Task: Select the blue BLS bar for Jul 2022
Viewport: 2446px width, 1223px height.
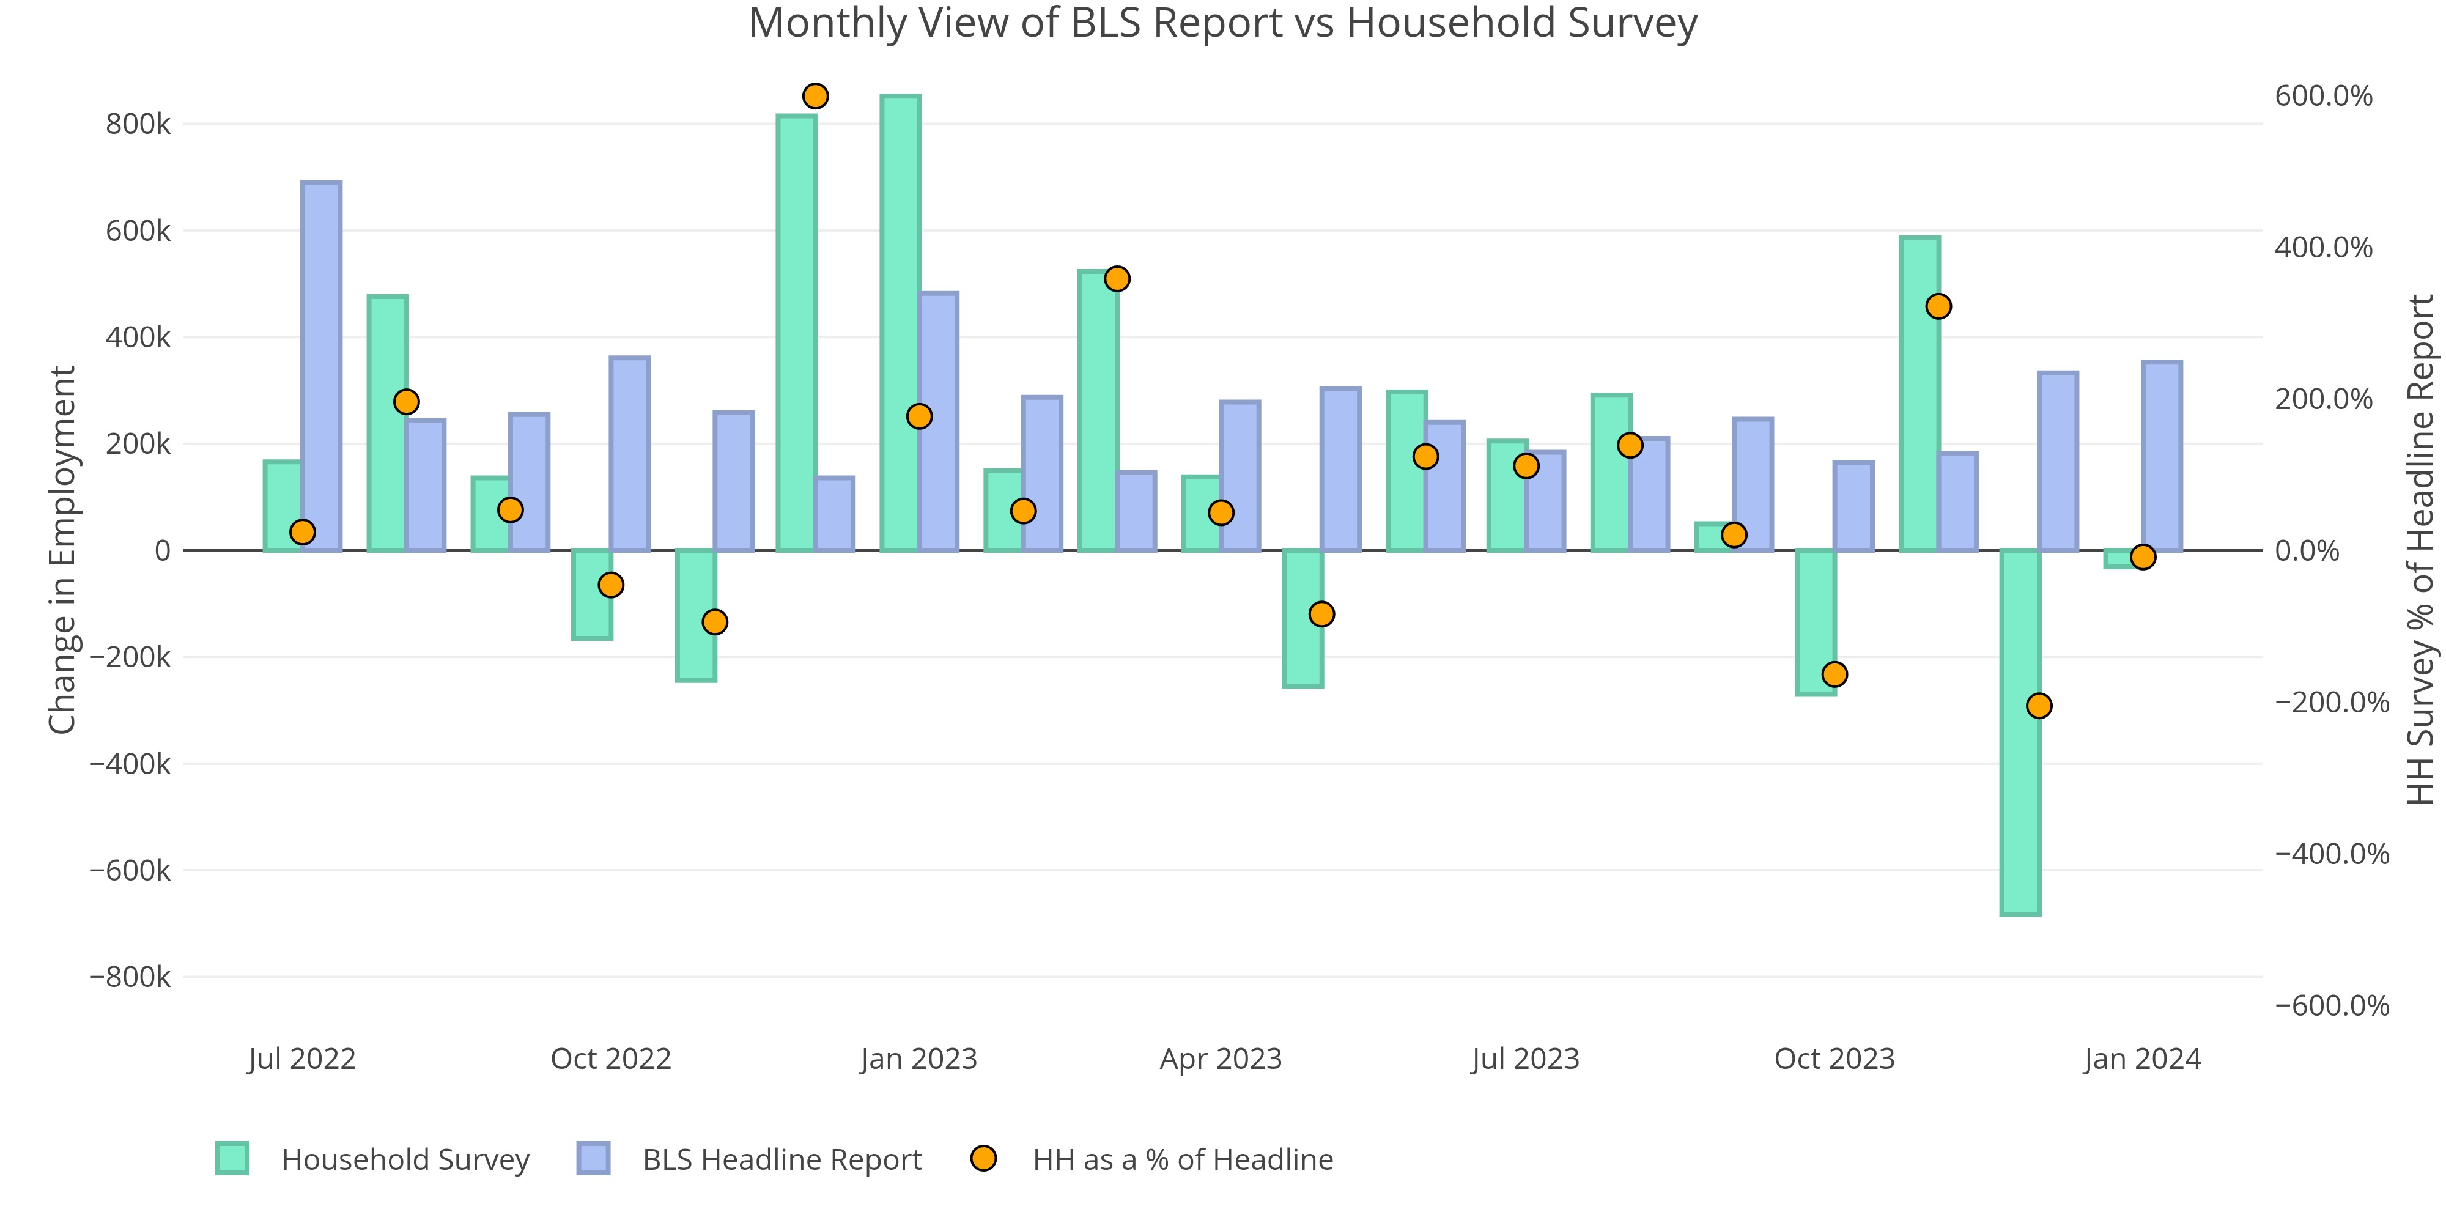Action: click(321, 366)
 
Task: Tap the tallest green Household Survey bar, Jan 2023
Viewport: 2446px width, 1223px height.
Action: click(900, 323)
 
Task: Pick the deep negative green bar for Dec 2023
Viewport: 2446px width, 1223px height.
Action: click(2020, 731)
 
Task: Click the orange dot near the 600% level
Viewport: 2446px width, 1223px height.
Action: click(815, 96)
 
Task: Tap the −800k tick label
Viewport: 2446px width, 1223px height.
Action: click(130, 977)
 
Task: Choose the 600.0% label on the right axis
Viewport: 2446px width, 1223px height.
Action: click(2322, 96)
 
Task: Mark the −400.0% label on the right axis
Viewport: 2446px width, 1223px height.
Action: click(2331, 854)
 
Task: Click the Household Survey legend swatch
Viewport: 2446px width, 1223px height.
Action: click(232, 1158)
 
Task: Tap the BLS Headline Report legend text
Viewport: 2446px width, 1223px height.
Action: click(781, 1159)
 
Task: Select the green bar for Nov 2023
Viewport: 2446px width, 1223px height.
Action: click(1919, 394)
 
